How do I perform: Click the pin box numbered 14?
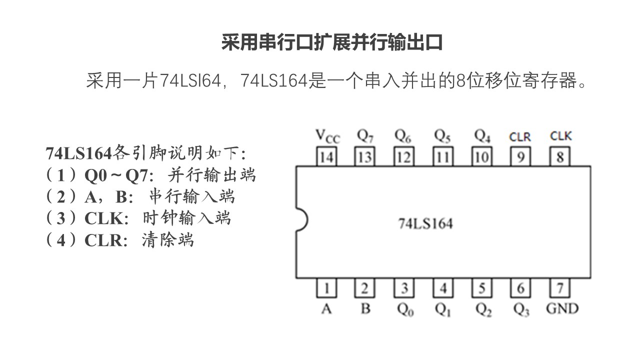pyautogui.click(x=326, y=157)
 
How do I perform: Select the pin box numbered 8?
pyautogui.click(x=560, y=157)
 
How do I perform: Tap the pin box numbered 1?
pyautogui.click(x=326, y=288)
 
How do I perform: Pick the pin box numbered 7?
pyautogui.click(x=560, y=288)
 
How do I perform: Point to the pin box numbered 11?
pyautogui.click(x=442, y=157)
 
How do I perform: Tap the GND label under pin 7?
pyautogui.click(x=562, y=308)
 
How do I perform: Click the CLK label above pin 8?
pyautogui.click(x=560, y=136)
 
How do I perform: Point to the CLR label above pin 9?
pyautogui.click(x=520, y=136)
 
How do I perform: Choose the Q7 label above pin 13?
pyautogui.click(x=365, y=136)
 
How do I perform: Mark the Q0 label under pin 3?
pyautogui.click(x=405, y=310)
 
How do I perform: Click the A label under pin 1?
pyautogui.click(x=326, y=309)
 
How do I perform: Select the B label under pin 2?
pyautogui.click(x=365, y=309)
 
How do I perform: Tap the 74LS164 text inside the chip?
pyautogui.click(x=425, y=223)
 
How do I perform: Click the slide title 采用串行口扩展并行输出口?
pyautogui.click(x=332, y=43)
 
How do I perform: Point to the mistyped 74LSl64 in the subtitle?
pyautogui.click(x=190, y=80)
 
